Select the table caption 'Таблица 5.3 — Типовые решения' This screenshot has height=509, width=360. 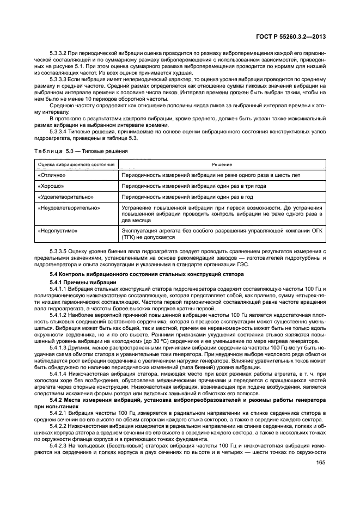pyautogui.click(x=81, y=151)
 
